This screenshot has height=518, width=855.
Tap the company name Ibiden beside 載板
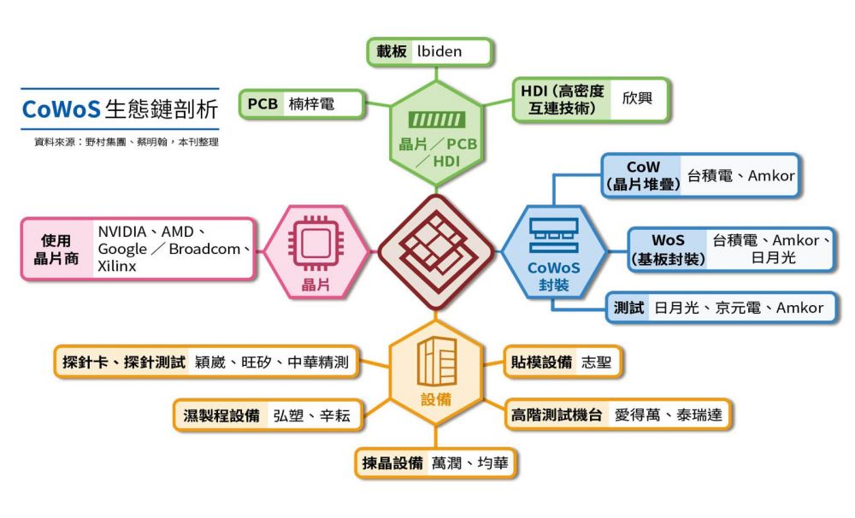click(x=439, y=51)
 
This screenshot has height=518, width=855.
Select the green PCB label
click(x=262, y=104)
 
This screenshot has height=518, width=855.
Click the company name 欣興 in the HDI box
click(x=636, y=99)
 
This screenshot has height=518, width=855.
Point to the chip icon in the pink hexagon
click(x=316, y=243)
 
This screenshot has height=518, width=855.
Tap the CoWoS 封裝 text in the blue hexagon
click(x=553, y=275)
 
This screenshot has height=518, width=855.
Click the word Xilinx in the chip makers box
click(x=117, y=267)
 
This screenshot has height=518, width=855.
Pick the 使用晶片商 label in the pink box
click(x=56, y=250)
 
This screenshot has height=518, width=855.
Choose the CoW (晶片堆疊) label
click(x=643, y=175)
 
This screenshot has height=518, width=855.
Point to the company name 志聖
click(x=596, y=362)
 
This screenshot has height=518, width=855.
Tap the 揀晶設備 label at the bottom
click(x=392, y=463)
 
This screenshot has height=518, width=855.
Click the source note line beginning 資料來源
click(x=121, y=142)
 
